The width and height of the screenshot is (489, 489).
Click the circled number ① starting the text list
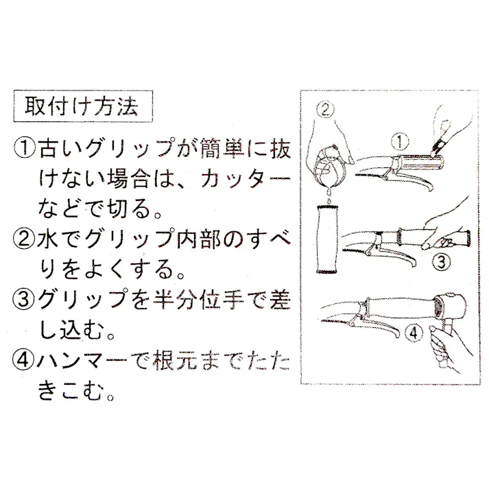25,148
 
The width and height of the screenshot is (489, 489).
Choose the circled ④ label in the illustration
412,336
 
